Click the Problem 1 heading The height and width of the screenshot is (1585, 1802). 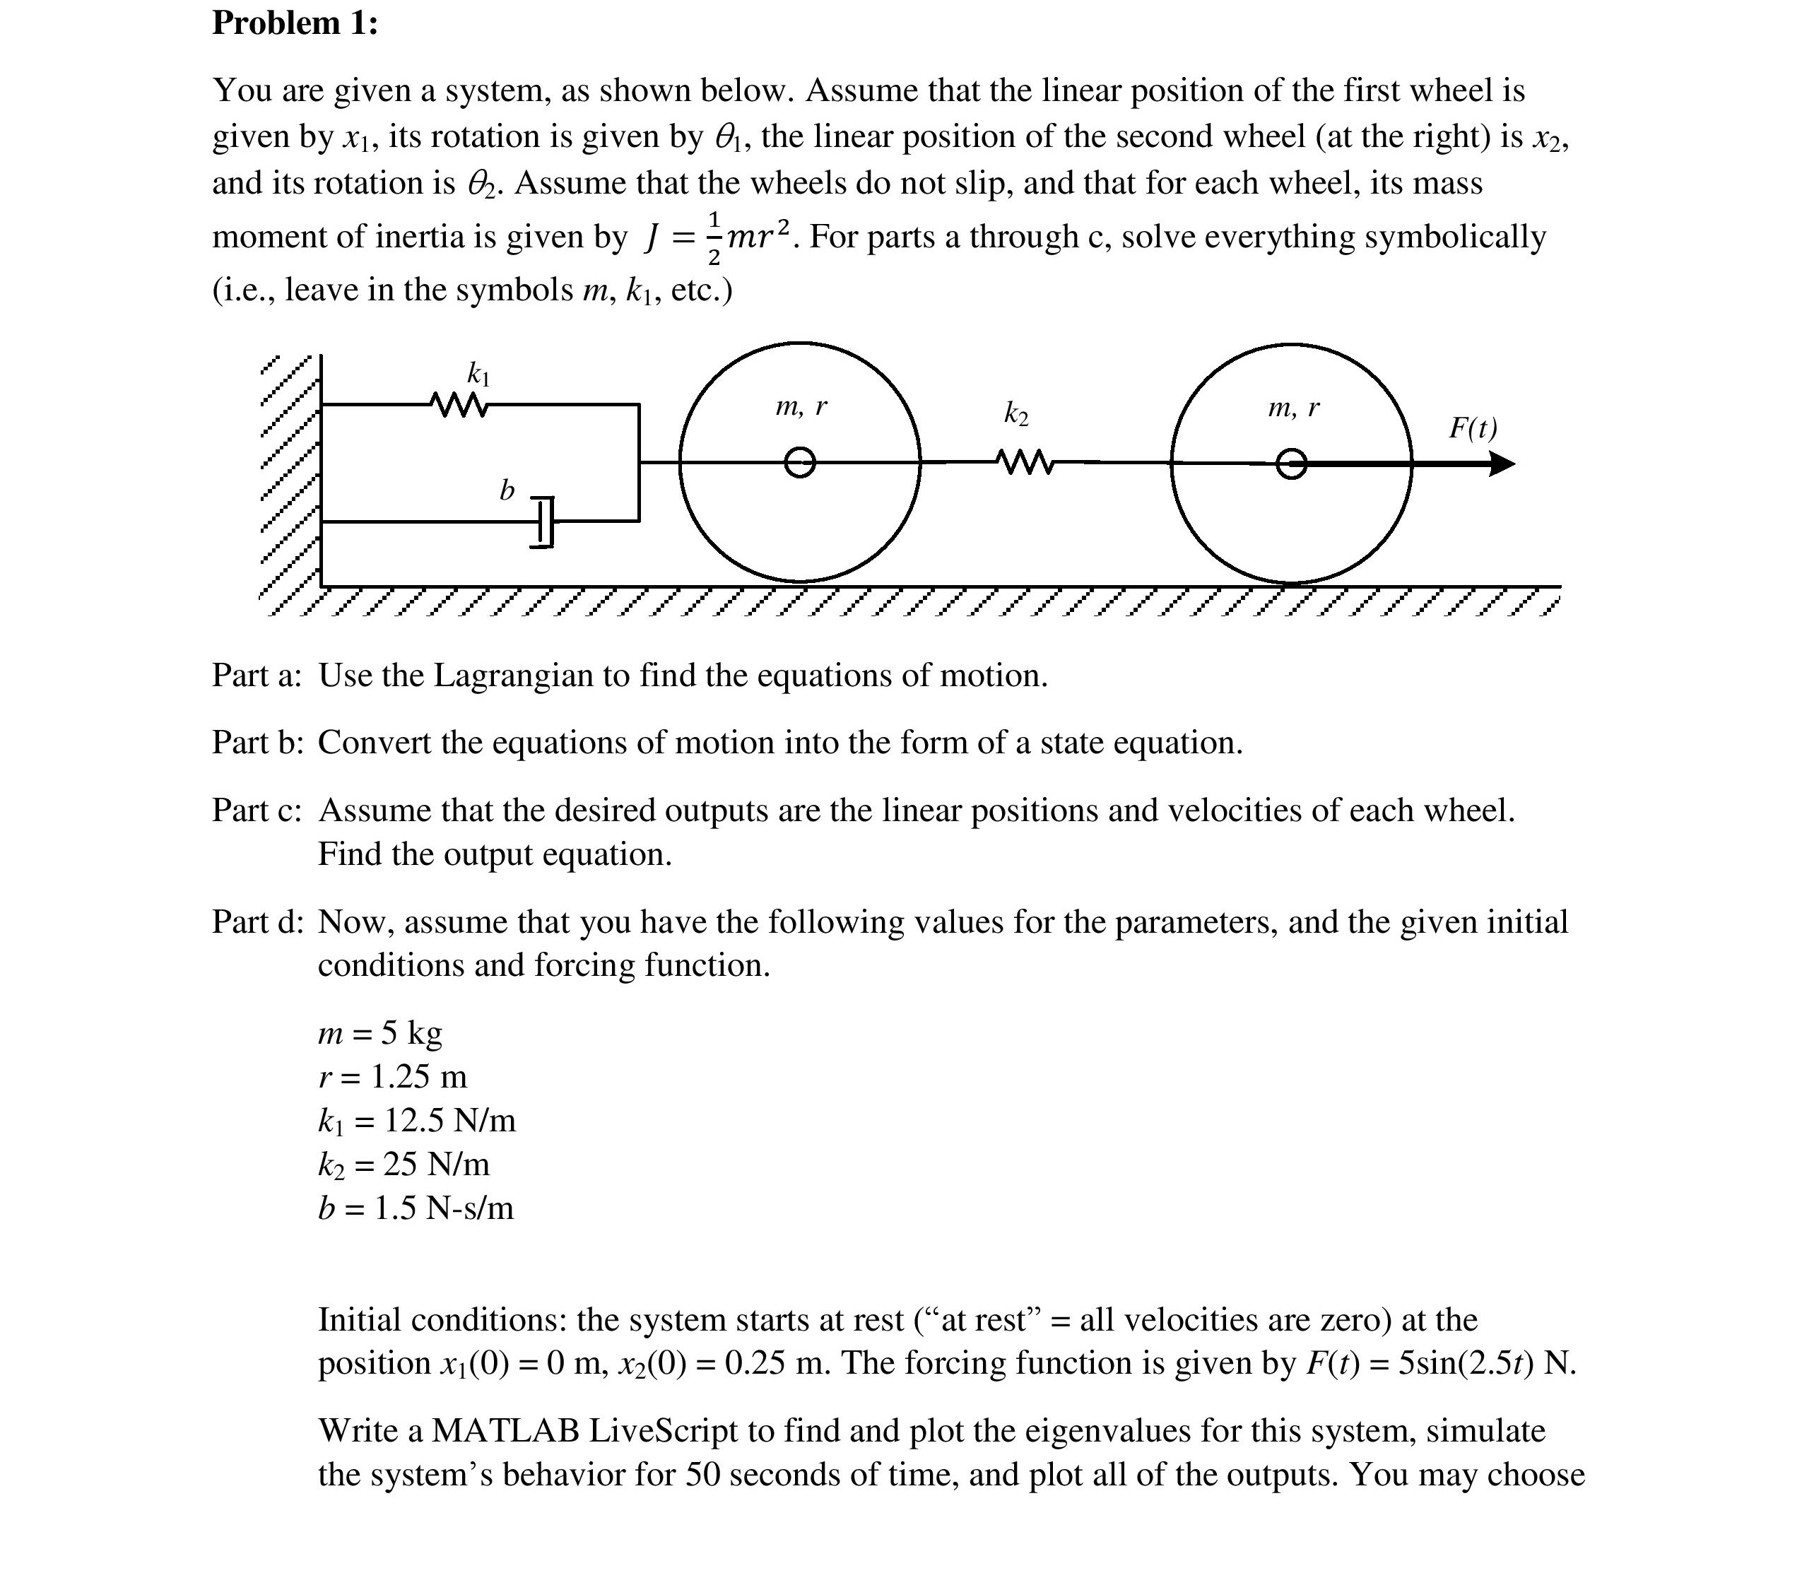[x=295, y=23]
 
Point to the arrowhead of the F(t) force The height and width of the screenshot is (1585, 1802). [x=1502, y=464]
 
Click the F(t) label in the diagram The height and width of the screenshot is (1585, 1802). [x=1472, y=428]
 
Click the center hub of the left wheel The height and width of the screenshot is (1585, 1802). [x=800, y=462]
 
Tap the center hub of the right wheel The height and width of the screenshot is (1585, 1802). [x=1292, y=464]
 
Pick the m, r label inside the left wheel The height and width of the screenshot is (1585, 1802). [x=801, y=406]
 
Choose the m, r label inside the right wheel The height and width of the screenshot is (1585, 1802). [x=1293, y=407]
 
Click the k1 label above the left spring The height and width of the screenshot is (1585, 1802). [x=478, y=374]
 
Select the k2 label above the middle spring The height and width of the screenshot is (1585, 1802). [x=1015, y=413]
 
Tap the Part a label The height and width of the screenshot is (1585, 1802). [x=256, y=676]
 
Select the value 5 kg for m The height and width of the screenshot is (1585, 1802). [x=412, y=1032]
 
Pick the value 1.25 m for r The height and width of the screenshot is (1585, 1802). [x=419, y=1076]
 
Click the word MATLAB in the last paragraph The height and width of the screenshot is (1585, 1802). [x=505, y=1429]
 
